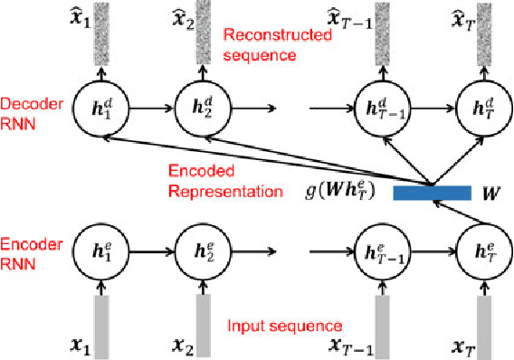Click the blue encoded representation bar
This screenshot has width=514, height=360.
pos(432,192)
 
